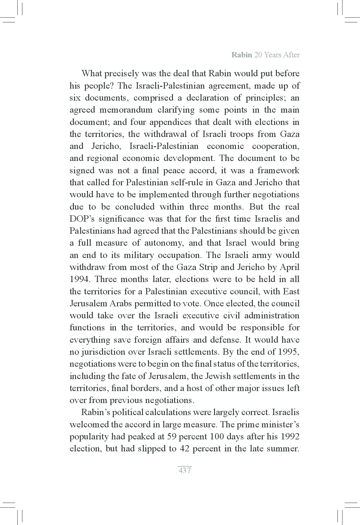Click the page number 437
[x=185, y=470]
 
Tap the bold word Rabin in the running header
[x=241, y=55]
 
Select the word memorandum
[x=126, y=110]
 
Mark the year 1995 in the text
[x=289, y=352]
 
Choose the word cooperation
[x=275, y=146]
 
